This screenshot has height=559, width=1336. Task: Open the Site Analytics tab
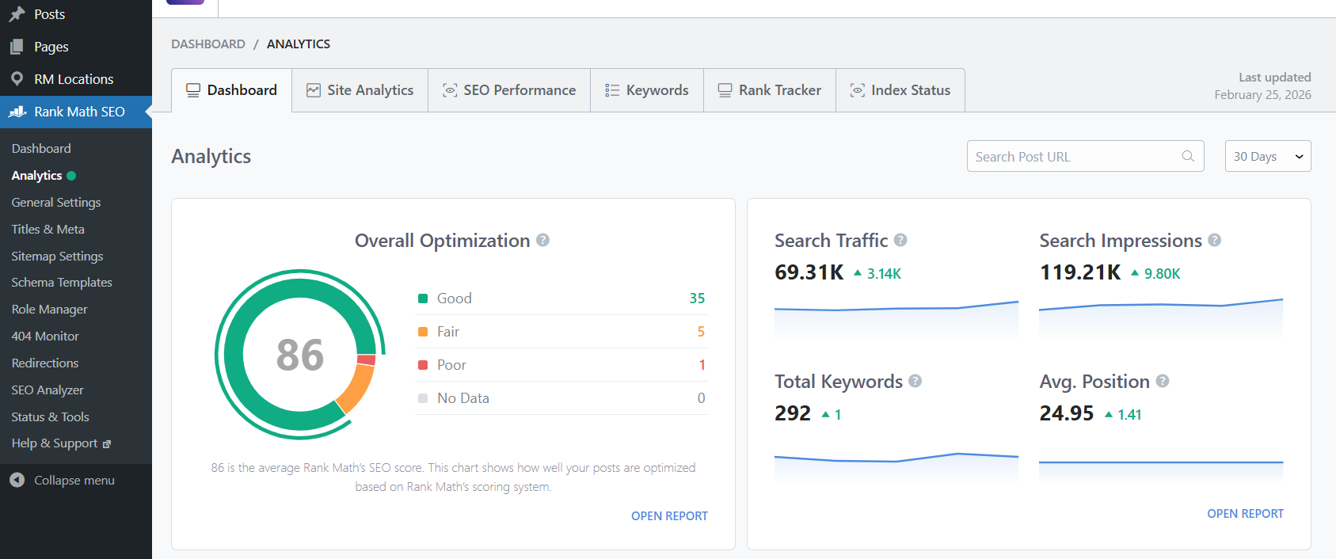(x=360, y=90)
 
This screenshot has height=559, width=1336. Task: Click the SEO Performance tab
(x=509, y=90)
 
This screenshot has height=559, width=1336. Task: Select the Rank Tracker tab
(x=770, y=90)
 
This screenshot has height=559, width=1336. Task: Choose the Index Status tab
(x=900, y=90)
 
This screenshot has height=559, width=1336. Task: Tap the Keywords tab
(x=647, y=90)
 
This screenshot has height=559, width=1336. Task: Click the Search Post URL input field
(x=1077, y=157)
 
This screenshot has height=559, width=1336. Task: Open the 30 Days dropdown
(x=1267, y=157)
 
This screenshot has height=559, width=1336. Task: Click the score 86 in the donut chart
(x=300, y=355)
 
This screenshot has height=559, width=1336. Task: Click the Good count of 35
(x=697, y=299)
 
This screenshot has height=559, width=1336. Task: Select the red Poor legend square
(x=423, y=365)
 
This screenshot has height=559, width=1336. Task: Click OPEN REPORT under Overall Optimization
(x=669, y=516)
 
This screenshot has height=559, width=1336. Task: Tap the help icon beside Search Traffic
(x=900, y=240)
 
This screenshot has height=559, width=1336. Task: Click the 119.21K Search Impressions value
(x=1080, y=273)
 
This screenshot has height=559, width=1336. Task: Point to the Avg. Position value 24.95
(x=1067, y=413)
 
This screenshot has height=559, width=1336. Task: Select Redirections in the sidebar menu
(x=45, y=363)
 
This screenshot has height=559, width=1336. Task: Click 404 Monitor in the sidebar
(x=45, y=337)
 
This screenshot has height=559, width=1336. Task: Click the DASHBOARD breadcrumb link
(x=208, y=44)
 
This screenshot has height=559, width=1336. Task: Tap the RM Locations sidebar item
(x=74, y=79)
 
